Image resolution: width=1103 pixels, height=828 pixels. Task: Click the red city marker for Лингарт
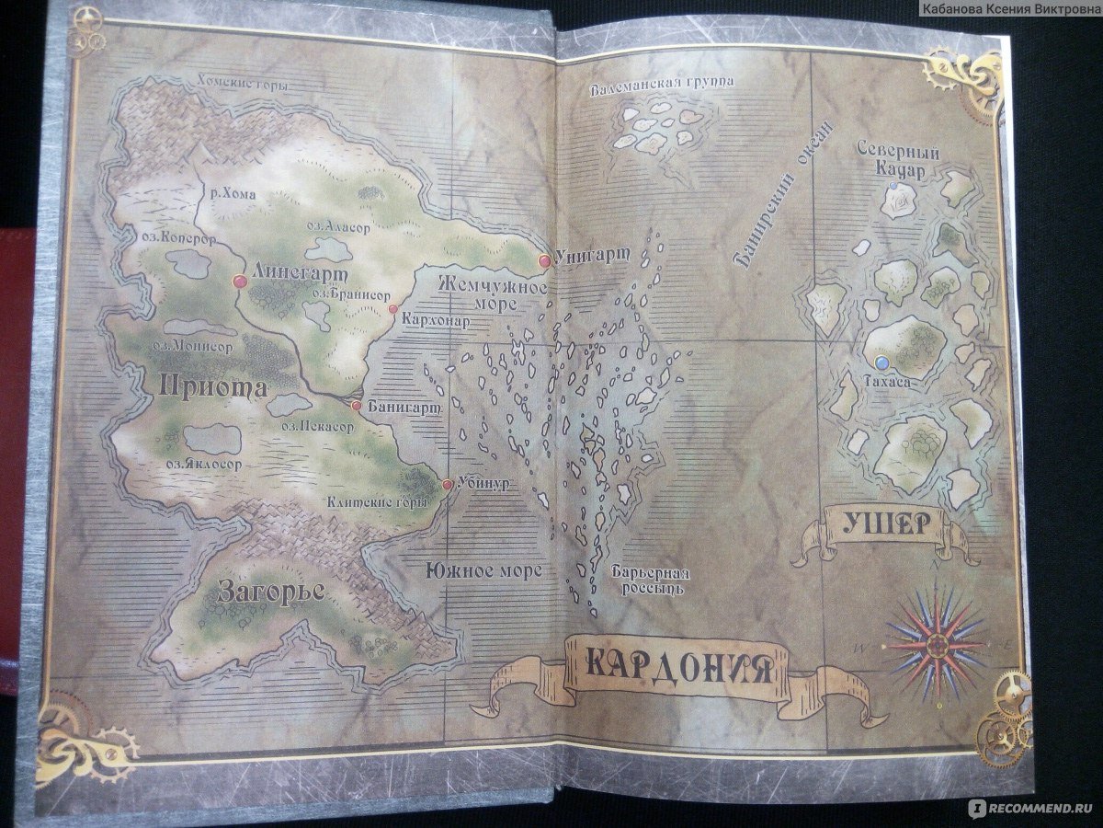(241, 281)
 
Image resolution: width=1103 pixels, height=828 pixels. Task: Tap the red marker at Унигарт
(544, 261)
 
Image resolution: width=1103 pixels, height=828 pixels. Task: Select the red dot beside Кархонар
(392, 309)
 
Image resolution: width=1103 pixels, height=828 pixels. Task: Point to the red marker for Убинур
(447, 484)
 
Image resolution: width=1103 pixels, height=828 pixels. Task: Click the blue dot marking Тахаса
(882, 361)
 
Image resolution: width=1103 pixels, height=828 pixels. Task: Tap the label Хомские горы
(243, 86)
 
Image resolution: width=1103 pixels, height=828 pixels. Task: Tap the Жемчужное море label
(491, 294)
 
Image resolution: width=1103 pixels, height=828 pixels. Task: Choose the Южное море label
(483, 570)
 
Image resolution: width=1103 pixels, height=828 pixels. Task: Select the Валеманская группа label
(663, 83)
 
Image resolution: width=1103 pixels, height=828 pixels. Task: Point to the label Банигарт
(404, 406)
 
